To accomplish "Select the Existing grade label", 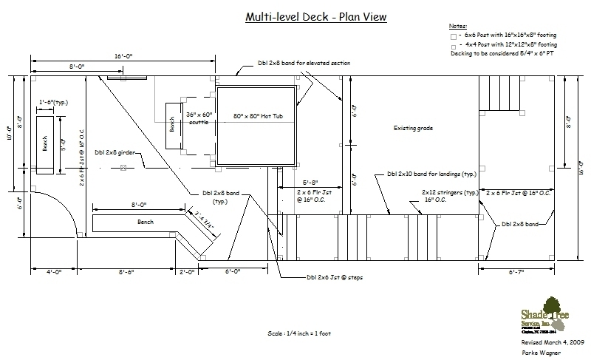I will [x=413, y=129].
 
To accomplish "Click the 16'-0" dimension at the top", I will [x=123, y=55].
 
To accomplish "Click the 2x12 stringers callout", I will [x=434, y=194].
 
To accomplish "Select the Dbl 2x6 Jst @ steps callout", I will [x=331, y=279].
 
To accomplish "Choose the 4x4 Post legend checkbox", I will [x=453, y=46].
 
